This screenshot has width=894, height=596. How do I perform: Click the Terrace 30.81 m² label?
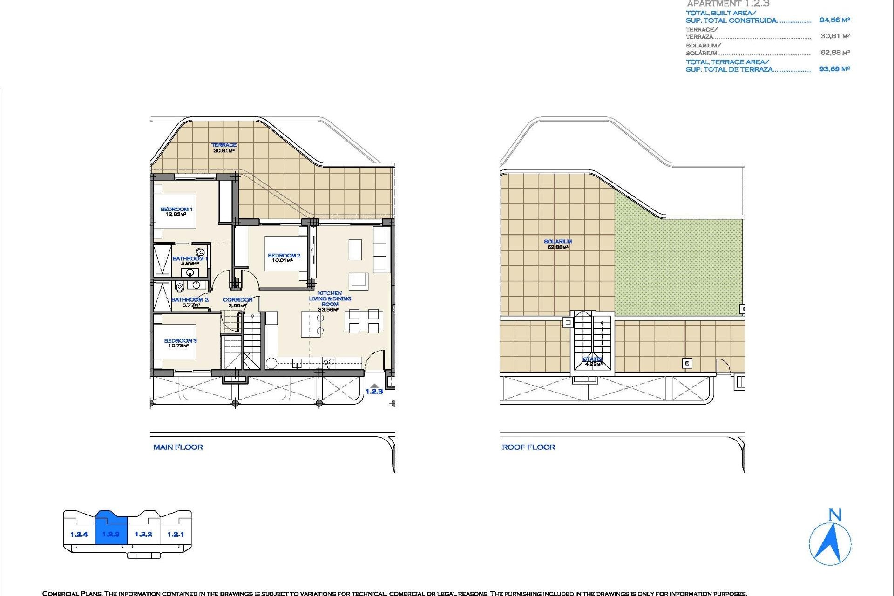[x=224, y=148]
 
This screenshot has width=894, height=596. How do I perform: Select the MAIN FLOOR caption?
[x=178, y=447]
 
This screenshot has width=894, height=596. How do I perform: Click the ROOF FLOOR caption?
[x=528, y=447]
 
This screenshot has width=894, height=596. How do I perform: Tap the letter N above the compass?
[x=835, y=515]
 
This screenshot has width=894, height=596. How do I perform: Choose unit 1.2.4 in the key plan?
[x=79, y=534]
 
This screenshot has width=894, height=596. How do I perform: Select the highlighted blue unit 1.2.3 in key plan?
[x=111, y=534]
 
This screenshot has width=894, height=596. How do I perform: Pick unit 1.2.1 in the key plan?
[x=176, y=534]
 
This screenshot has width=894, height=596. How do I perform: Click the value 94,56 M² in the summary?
[x=834, y=20]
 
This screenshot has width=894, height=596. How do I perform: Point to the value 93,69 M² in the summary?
[x=834, y=69]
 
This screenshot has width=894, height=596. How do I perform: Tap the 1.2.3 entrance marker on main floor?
[x=374, y=391]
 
